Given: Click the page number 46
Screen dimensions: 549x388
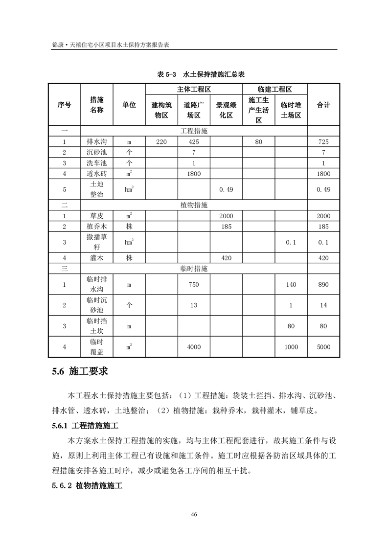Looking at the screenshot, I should tap(194, 514).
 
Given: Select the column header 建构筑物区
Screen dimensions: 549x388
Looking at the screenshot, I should tap(161, 110).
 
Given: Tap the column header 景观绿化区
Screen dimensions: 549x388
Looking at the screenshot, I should tap(226, 110).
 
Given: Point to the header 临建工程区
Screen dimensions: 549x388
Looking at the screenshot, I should tap(274, 90).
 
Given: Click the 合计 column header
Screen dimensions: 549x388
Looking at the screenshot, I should tap(323, 105).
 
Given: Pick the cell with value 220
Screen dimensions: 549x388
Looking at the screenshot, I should tap(161, 142).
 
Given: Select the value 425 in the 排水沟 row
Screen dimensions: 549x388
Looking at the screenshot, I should tap(194, 142).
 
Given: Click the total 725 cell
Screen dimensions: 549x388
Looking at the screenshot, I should tap(323, 142).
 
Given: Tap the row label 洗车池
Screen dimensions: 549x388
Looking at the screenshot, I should tap(96, 163).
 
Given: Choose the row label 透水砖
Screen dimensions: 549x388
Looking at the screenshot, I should tap(96, 174).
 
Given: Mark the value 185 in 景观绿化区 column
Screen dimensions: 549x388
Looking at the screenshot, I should tap(226, 227).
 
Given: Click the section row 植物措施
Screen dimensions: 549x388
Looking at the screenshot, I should tap(194, 205).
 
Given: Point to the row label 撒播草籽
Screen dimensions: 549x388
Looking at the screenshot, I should tap(96, 242).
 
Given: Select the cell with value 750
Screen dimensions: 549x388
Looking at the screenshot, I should tap(194, 284).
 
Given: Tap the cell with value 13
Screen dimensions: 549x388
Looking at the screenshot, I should tap(194, 305).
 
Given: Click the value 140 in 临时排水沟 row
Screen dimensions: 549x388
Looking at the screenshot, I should tap(291, 284).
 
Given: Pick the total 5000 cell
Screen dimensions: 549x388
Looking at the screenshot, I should tap(323, 347).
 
